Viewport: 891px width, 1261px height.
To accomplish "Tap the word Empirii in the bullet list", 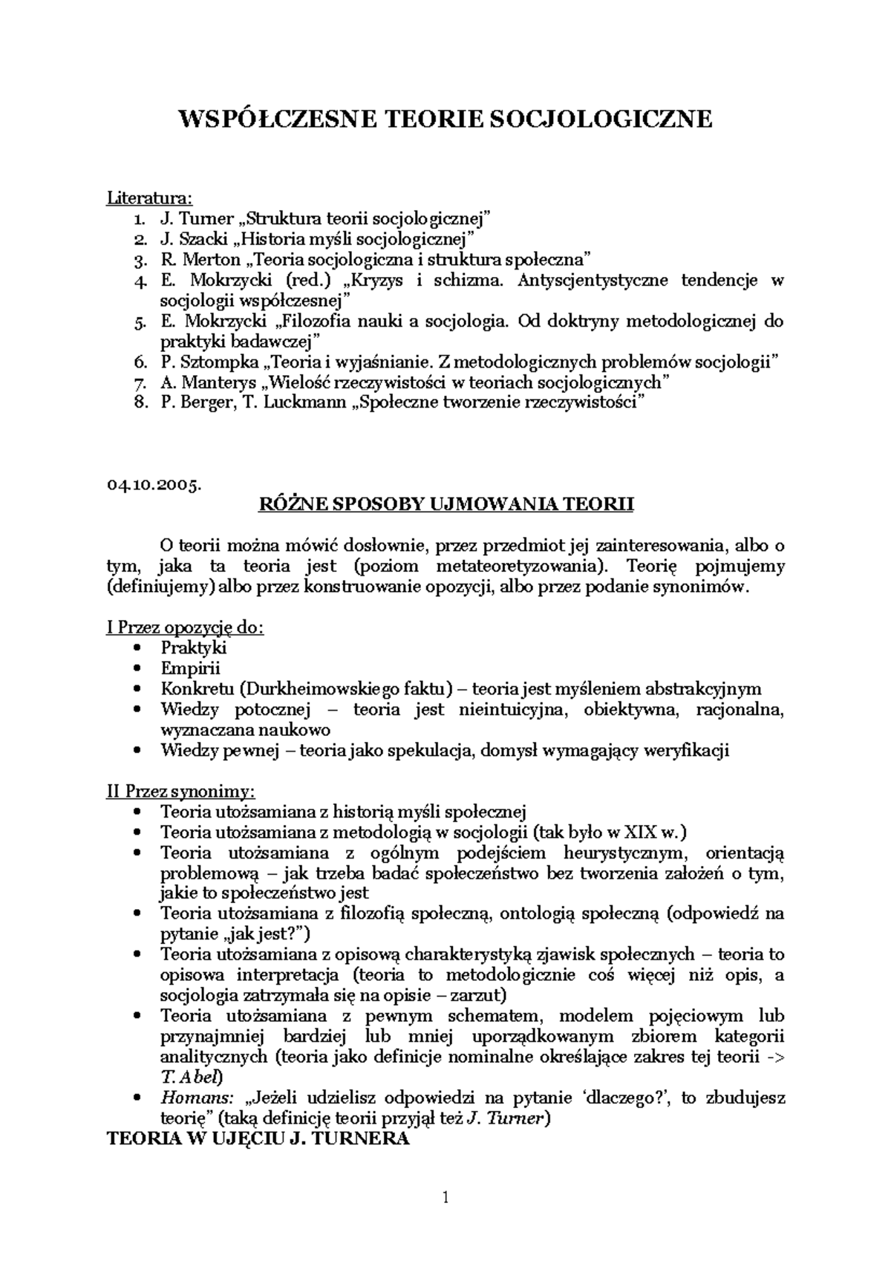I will [190, 668].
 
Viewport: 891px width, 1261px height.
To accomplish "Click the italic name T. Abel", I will [190, 1077].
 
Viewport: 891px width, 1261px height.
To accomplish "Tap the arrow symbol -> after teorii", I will [774, 1057].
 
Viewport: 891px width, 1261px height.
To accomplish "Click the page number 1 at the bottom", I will [446, 1196].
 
